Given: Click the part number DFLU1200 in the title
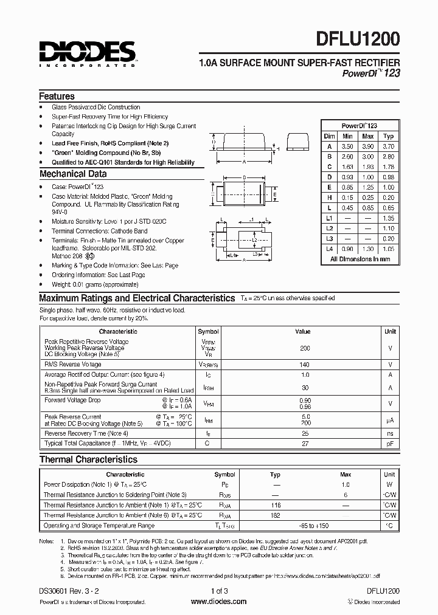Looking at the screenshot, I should pyautogui.click(x=358, y=41).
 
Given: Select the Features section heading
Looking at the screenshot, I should pyautogui.click(x=57, y=96).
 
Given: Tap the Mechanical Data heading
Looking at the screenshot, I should pyautogui.click(x=68, y=174).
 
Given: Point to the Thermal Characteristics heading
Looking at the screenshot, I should pyautogui.click(x=88, y=459).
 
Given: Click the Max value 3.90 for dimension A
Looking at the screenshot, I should pyautogui.click(x=367, y=146).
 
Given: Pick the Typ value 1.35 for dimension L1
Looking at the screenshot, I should pyautogui.click(x=389, y=218).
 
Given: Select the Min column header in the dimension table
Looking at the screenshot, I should pyautogui.click(x=347, y=136).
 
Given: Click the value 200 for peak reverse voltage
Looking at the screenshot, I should pyautogui.click(x=305, y=348).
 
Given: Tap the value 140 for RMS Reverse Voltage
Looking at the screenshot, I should pyautogui.click(x=305, y=364).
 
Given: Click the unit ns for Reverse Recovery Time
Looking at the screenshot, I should pyautogui.click(x=390, y=433).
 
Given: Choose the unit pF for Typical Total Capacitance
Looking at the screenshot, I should pyautogui.click(x=390, y=444).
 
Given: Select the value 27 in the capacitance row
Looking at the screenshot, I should pyautogui.click(x=305, y=444).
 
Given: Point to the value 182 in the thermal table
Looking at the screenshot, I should pyautogui.click(x=275, y=514).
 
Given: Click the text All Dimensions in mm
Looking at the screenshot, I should pyautogui.click(x=360, y=259).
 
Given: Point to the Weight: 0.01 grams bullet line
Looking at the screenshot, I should pyautogui.click(x=95, y=284).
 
